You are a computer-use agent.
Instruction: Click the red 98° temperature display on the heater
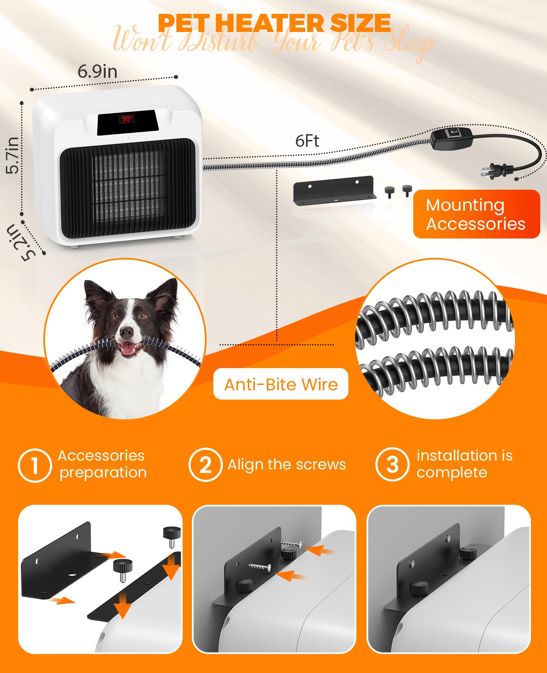coord(127,119)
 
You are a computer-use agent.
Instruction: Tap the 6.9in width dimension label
coord(97,72)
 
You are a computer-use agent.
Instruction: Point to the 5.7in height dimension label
coord(13,155)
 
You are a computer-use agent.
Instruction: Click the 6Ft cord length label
coord(307,141)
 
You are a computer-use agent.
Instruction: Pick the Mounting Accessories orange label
coord(476,214)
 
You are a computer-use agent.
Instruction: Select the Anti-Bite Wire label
coord(281,384)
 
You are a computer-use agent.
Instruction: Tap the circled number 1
coord(35,465)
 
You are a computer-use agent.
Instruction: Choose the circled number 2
coord(205,465)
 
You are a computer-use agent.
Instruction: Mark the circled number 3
coord(392,464)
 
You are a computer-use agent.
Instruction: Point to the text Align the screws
coord(287,464)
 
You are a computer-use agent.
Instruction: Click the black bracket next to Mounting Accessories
coord(335,190)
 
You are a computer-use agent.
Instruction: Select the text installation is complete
coord(464,464)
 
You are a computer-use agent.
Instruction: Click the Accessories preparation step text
coord(102,464)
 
